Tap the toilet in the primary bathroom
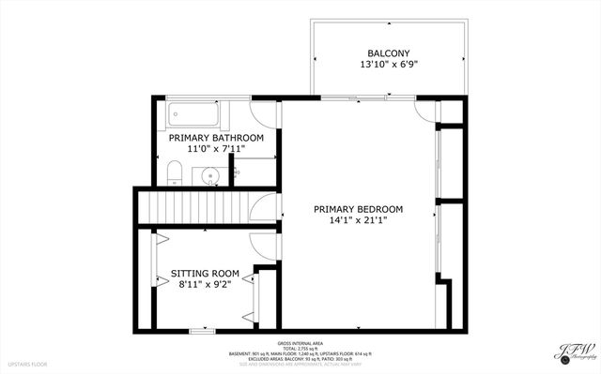pos(174,172)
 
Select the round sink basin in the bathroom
pos(210,174)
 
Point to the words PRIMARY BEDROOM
pos(358,209)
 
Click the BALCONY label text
pos(388,52)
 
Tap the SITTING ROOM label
pos(205,274)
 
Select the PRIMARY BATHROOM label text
pos(216,138)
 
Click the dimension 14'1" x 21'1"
pos(358,221)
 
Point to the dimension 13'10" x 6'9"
pos(388,65)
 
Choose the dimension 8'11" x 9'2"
pos(205,286)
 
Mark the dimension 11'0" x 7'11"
pos(216,150)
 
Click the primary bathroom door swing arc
pos(267,113)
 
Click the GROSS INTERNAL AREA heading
pos(300,342)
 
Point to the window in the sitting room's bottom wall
pos(201,331)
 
